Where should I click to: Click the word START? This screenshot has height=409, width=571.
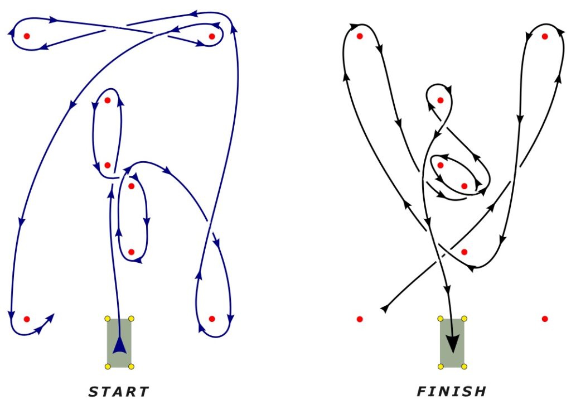point(119,392)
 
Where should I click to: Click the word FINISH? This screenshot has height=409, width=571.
point(451,392)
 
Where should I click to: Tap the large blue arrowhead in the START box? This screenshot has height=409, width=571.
point(119,345)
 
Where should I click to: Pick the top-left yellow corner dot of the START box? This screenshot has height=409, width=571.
point(108,319)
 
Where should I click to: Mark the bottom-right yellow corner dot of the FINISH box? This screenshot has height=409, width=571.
point(464,367)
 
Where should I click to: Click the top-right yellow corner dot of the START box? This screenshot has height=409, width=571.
point(132,319)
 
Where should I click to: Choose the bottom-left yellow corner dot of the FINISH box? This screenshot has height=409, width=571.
point(441,367)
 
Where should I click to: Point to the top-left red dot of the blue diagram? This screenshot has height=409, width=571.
point(27,36)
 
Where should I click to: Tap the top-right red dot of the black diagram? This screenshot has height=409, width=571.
point(545,36)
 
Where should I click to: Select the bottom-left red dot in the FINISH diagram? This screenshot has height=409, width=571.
point(360,319)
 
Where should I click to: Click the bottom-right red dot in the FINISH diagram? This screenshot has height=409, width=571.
point(545,319)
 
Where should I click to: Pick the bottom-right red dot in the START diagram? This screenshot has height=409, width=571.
point(212,319)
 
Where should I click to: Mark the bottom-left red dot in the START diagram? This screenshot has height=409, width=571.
point(27,319)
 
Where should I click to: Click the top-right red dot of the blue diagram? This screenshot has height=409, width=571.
point(212,36)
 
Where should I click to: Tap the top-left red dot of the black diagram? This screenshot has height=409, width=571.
point(360,36)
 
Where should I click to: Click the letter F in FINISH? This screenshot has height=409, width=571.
point(422,392)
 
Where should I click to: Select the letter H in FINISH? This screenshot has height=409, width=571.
point(480,392)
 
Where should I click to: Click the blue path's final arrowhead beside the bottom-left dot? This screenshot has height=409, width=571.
point(50,318)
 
